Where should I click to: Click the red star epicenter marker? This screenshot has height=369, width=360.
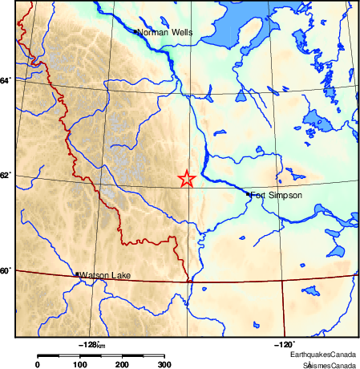[186, 179]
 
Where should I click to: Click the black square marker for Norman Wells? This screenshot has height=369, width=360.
[135, 31]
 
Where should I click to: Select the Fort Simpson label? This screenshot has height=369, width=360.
[276, 195]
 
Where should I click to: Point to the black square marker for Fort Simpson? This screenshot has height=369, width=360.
[248, 193]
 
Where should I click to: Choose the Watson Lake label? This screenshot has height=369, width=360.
[106, 275]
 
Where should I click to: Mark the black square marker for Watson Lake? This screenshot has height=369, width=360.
[77, 274]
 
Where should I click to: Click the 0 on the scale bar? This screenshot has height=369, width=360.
[37, 365]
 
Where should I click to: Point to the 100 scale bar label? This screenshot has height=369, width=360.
[79, 365]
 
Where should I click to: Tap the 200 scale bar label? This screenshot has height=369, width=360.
[123, 365]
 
